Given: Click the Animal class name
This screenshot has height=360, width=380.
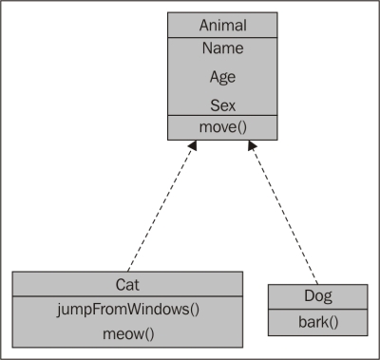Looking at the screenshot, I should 223,26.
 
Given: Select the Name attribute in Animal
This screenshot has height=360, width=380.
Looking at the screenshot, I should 223,48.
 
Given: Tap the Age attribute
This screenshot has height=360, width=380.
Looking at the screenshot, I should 223,77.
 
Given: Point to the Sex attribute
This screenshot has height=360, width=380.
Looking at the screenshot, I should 223,104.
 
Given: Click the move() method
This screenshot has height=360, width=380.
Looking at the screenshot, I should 223,126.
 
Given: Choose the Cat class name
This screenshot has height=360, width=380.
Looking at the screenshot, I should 127,282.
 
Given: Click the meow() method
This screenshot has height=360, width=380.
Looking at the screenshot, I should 127,333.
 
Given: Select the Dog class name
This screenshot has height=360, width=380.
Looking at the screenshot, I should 318,294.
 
